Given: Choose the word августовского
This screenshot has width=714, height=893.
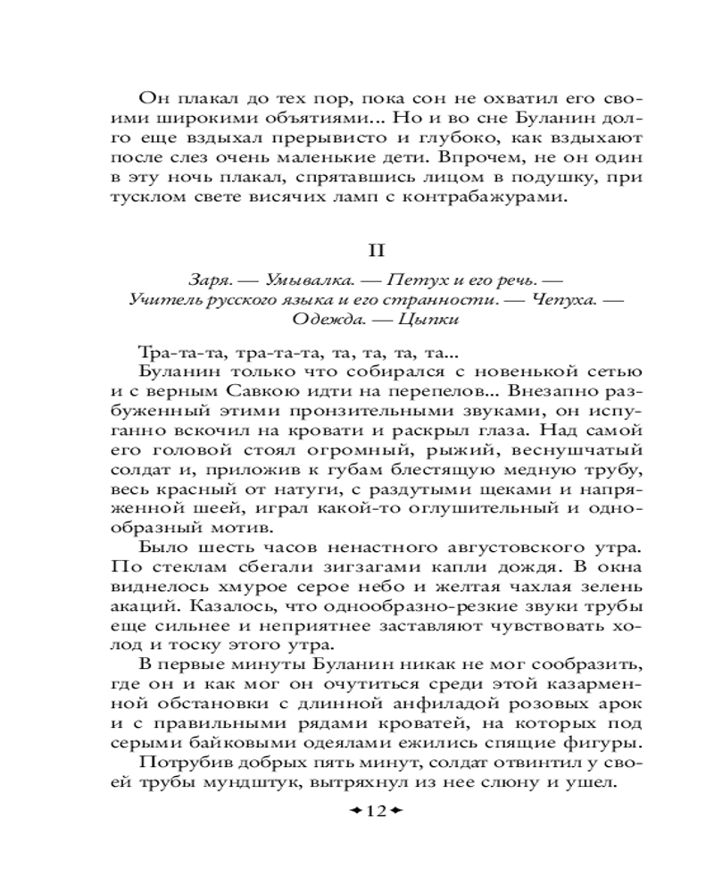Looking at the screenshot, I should point(461,547).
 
